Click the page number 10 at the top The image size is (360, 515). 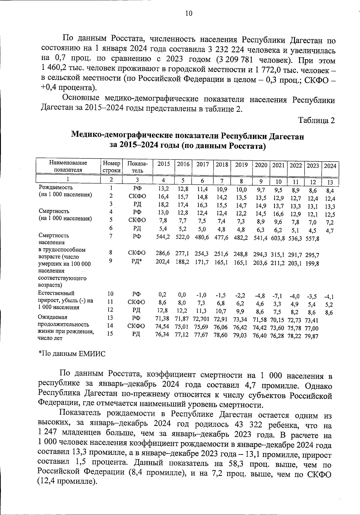189,13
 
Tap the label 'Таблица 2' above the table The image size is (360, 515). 316,120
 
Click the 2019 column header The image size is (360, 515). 241,165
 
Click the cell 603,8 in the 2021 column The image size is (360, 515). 278,239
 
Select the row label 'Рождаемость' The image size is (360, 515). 56,188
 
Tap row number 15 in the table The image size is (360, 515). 110,333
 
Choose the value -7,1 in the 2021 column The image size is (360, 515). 278,296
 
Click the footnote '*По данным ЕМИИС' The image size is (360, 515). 72,354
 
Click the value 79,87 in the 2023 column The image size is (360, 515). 312,336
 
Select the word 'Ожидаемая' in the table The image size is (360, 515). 52,317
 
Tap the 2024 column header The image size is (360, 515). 330,166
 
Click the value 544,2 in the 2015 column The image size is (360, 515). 163,237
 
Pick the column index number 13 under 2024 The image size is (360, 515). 330,182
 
